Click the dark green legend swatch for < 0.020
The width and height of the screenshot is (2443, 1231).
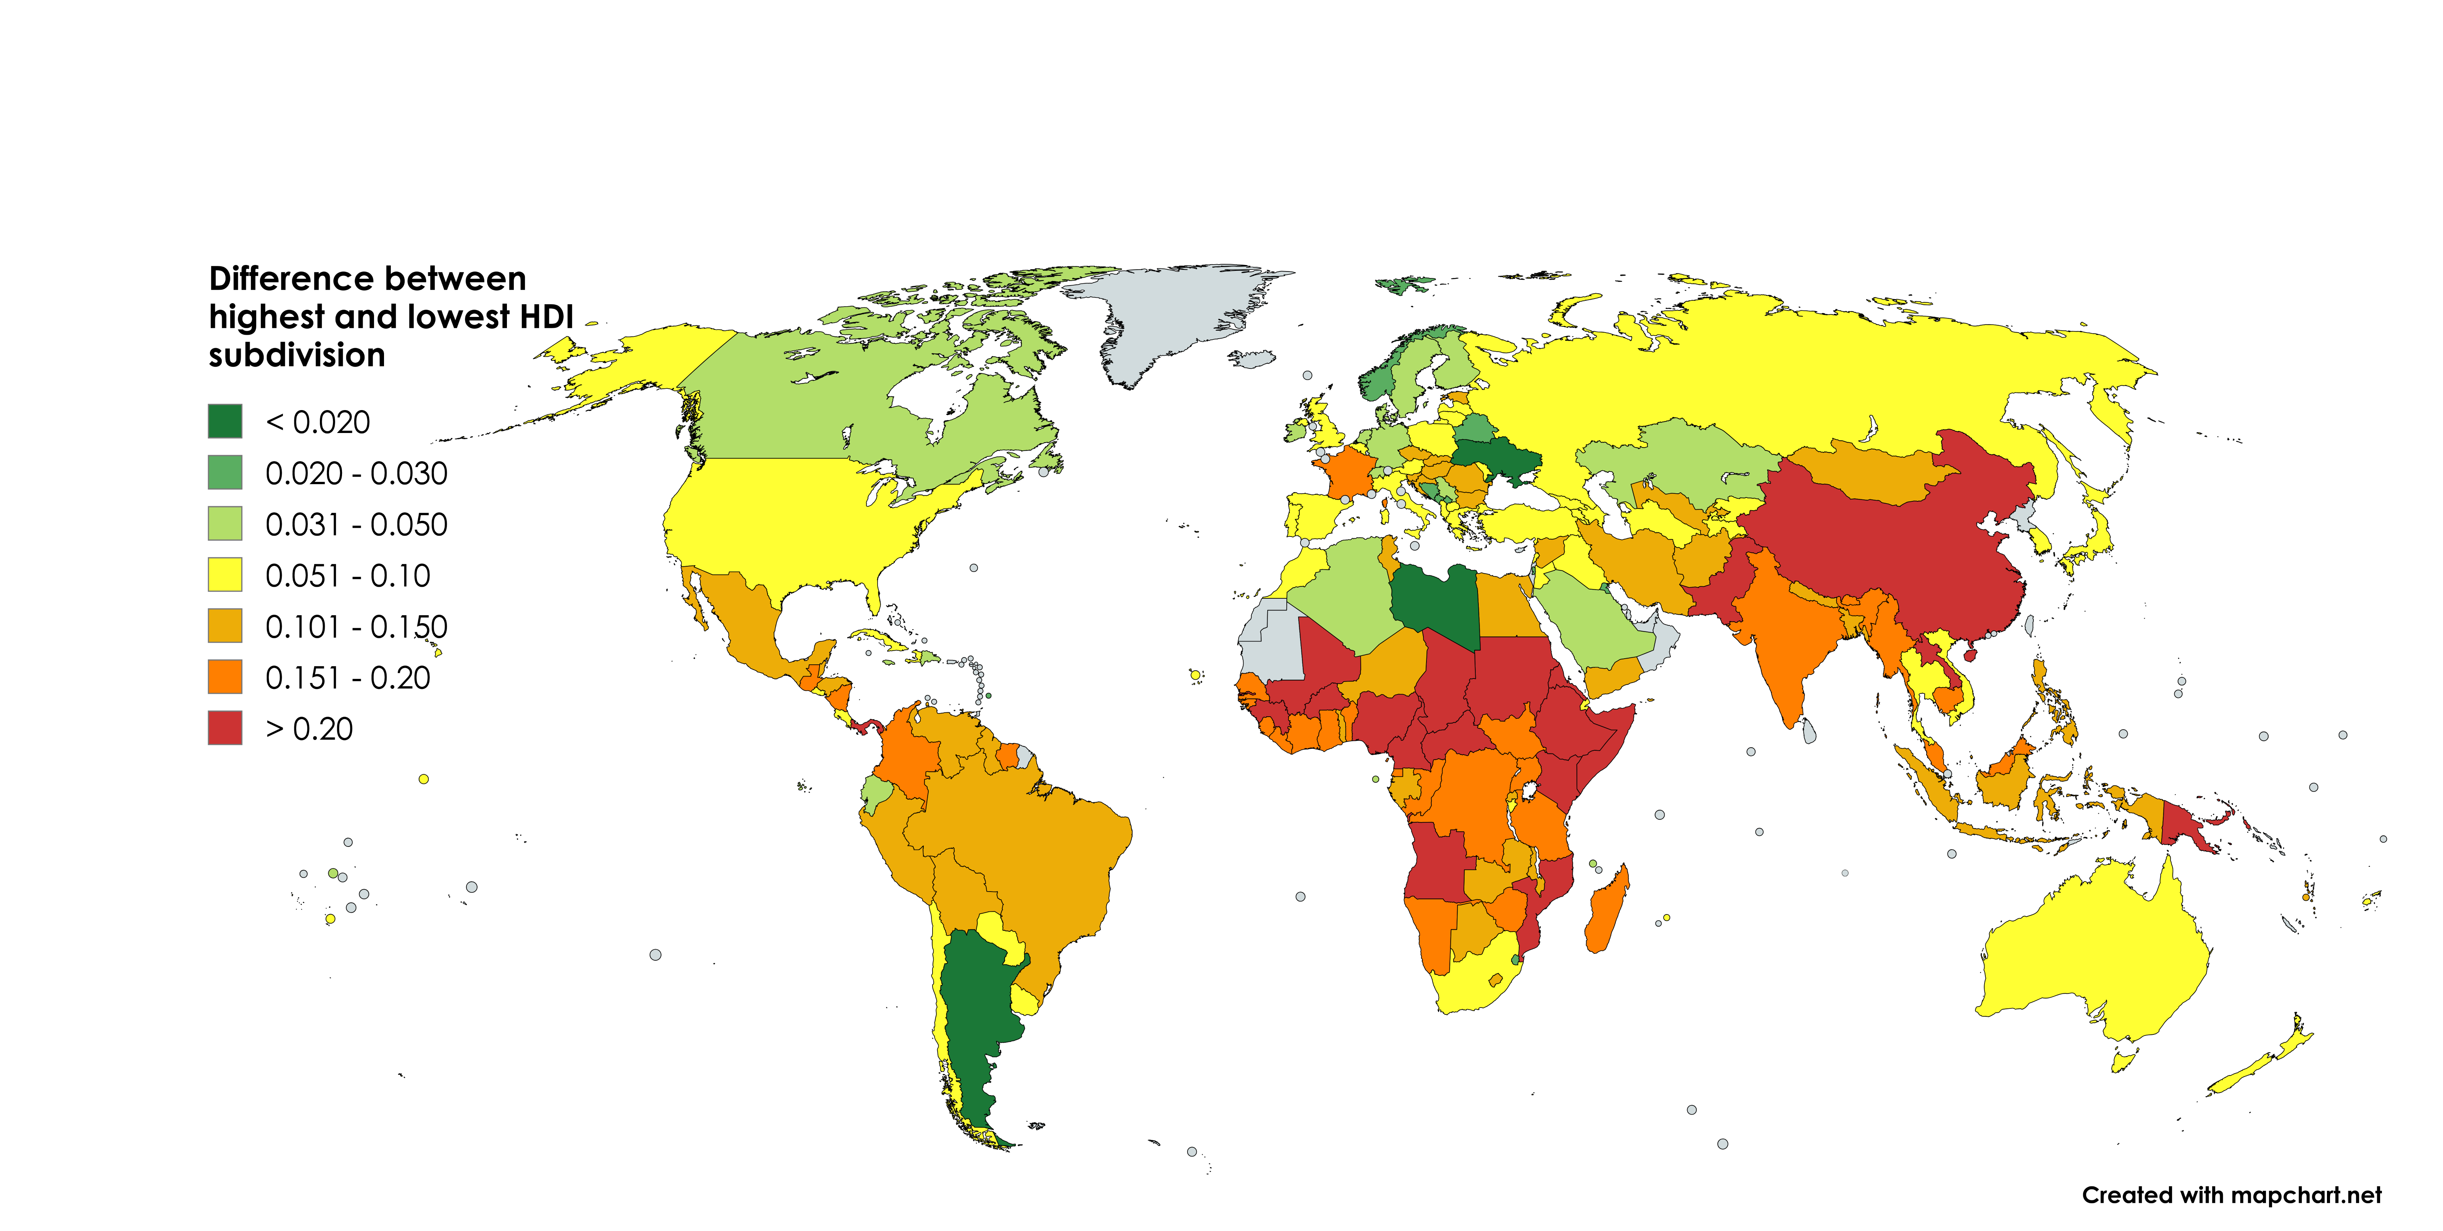point(225,421)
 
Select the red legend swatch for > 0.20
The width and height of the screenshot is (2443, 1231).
point(225,729)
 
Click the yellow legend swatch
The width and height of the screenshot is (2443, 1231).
point(225,575)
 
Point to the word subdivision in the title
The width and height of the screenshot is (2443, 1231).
point(297,355)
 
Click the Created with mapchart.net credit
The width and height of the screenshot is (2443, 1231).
point(2230,1195)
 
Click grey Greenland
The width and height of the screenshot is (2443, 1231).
point(1176,313)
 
